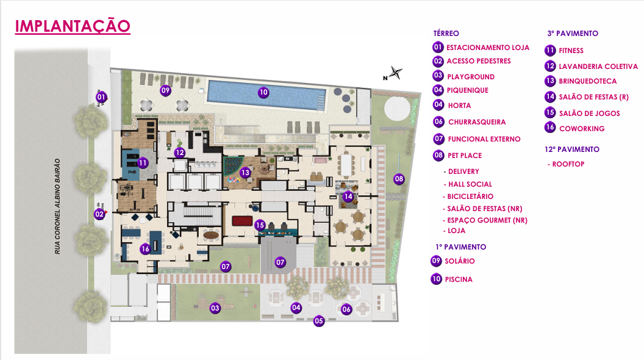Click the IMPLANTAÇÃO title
click(x=72, y=26)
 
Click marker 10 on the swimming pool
click(x=263, y=93)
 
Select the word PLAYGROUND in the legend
click(x=470, y=77)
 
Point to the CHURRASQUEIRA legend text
click(x=477, y=122)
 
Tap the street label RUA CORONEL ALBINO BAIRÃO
click(x=57, y=206)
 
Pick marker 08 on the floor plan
click(x=399, y=179)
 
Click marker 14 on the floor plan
click(x=348, y=196)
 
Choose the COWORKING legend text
click(x=581, y=129)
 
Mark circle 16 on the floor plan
click(x=145, y=249)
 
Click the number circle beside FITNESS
click(x=550, y=51)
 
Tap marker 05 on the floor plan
click(x=319, y=321)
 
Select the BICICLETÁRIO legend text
click(x=470, y=196)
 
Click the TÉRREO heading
click(x=446, y=34)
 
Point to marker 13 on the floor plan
click(x=245, y=173)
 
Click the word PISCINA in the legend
click(x=459, y=279)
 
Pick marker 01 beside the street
click(x=101, y=96)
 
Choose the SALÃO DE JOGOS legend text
click(x=589, y=113)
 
